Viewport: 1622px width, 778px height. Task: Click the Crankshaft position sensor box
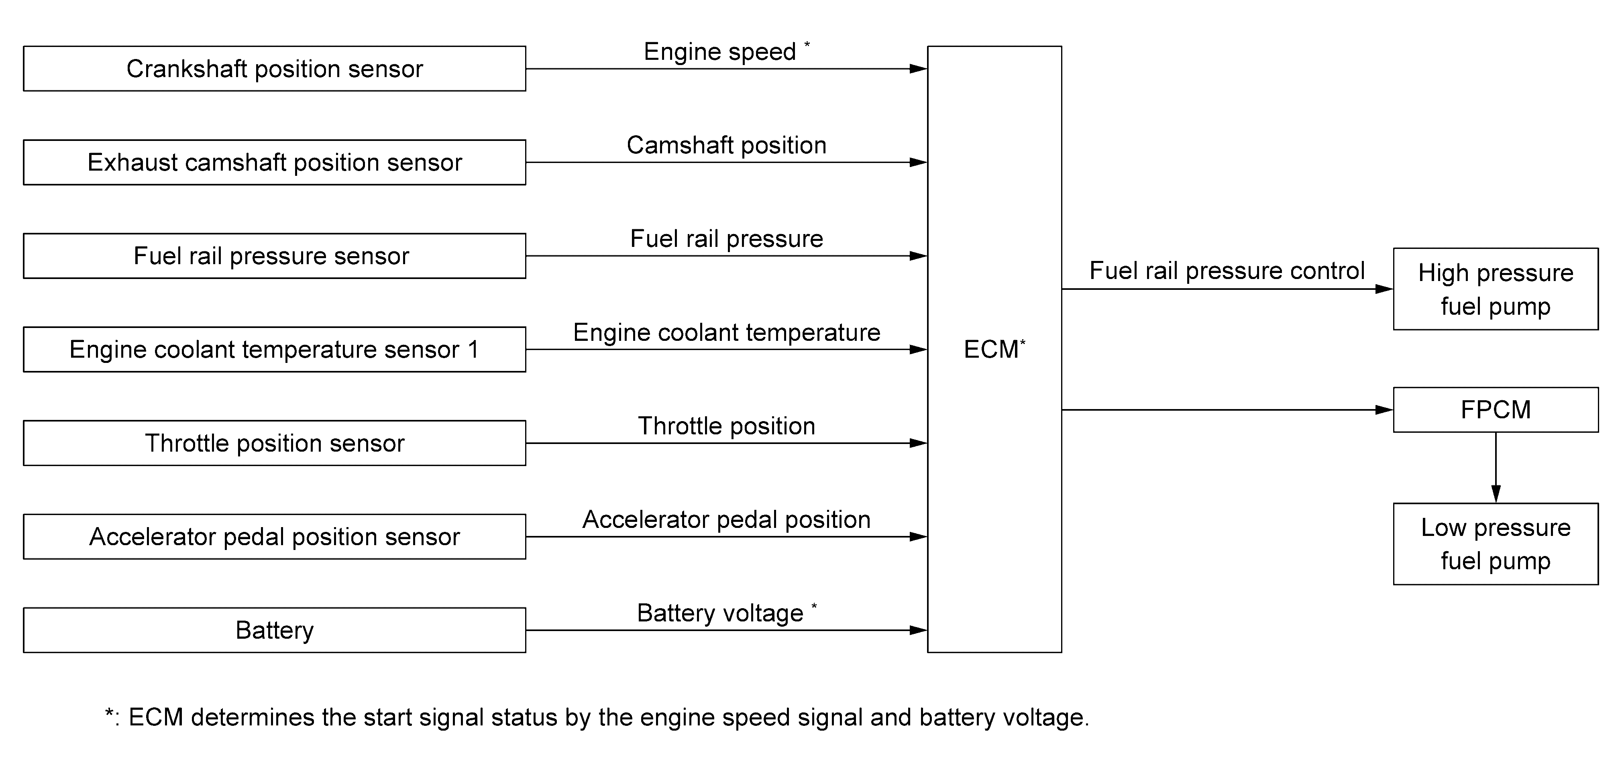[275, 69]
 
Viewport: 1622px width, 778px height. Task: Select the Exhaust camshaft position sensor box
[275, 163]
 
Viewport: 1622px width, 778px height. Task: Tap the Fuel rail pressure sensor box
[275, 256]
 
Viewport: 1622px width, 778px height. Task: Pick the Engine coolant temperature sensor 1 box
[275, 349]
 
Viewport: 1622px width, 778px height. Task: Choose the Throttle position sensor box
[275, 443]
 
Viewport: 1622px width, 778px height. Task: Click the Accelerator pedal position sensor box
[275, 537]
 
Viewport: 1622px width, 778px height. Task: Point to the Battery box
[275, 630]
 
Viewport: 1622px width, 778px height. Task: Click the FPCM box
[1496, 410]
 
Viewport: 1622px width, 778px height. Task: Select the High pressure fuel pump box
[1496, 289]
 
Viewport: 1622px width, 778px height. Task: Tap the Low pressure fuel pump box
[1496, 544]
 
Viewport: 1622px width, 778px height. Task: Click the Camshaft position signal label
[727, 145]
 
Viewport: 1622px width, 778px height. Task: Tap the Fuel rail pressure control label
[1227, 271]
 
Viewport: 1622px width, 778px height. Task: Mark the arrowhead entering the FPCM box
[1385, 410]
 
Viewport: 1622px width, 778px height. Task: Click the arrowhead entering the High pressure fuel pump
[1385, 289]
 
